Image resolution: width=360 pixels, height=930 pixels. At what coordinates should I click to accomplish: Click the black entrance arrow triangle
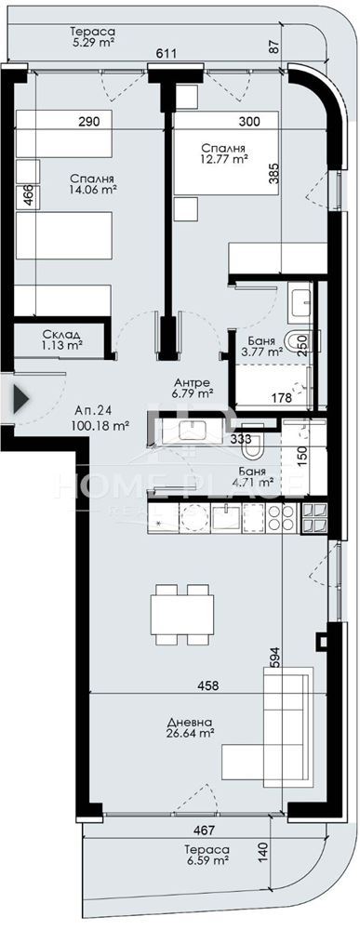[x=20, y=399]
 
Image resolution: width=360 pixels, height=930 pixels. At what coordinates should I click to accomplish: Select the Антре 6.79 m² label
[x=193, y=387]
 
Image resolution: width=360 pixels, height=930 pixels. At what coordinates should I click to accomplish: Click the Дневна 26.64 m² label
[x=191, y=728]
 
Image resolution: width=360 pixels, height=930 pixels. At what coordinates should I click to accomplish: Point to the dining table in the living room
[x=182, y=614]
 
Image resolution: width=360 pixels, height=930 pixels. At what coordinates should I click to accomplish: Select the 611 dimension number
[x=167, y=54]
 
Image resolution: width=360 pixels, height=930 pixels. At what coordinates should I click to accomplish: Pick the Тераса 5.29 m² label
[x=92, y=37]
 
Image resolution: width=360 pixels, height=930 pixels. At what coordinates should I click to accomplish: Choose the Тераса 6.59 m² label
[x=206, y=854]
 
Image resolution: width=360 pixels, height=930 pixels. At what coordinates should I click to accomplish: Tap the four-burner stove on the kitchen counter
[x=281, y=516]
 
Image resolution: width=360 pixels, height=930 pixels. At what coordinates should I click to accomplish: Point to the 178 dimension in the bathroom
[x=281, y=398]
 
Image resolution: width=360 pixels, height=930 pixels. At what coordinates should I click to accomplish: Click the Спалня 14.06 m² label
[x=92, y=184]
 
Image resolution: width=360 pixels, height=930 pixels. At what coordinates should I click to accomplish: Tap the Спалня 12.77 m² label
[x=223, y=153]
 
